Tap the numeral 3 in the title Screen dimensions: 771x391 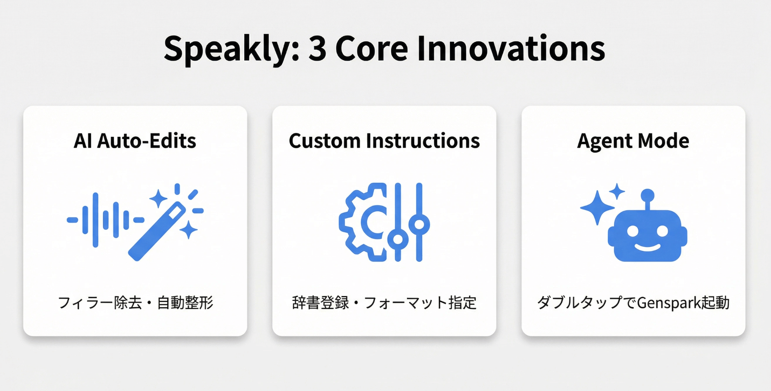(317, 48)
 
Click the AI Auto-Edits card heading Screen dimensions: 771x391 (135, 141)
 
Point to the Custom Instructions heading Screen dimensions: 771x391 (384, 141)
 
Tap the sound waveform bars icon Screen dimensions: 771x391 (105, 220)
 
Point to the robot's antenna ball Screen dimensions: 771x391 (648, 195)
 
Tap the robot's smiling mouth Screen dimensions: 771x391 (648, 247)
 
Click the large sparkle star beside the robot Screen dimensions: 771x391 (597, 208)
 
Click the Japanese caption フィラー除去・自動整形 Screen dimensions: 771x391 (136, 303)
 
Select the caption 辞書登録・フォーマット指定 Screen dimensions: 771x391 (384, 303)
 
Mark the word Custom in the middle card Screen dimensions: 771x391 (325, 141)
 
